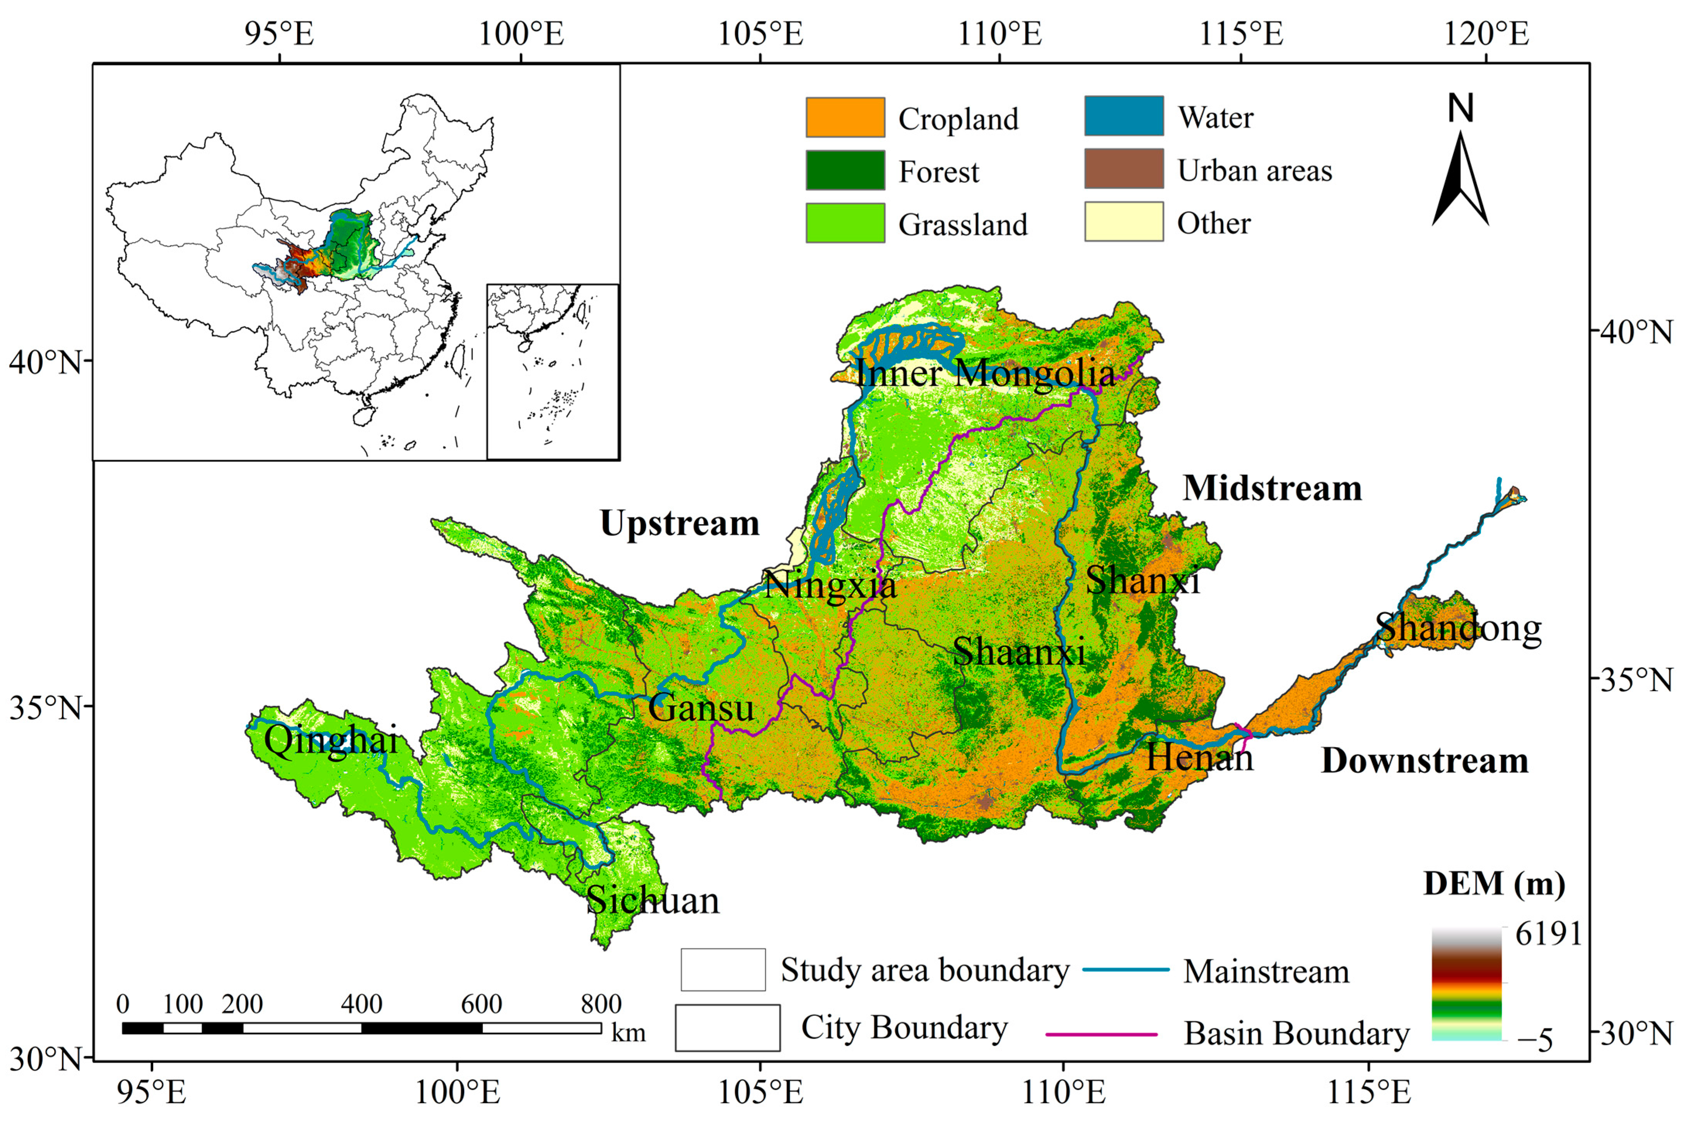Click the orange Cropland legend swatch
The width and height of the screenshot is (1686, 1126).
point(845,117)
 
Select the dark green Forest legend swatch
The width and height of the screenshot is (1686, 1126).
point(845,170)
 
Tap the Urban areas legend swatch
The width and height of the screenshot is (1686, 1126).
point(1124,169)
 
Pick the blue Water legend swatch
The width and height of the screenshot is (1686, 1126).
point(1124,116)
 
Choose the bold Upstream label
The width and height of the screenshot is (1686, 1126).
point(680,523)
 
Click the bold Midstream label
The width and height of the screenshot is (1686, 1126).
point(1272,488)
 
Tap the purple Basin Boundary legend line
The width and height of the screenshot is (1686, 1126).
point(1101,1034)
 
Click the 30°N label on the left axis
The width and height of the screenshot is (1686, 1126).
point(44,1058)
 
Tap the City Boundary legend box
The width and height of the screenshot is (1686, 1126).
point(727,1027)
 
